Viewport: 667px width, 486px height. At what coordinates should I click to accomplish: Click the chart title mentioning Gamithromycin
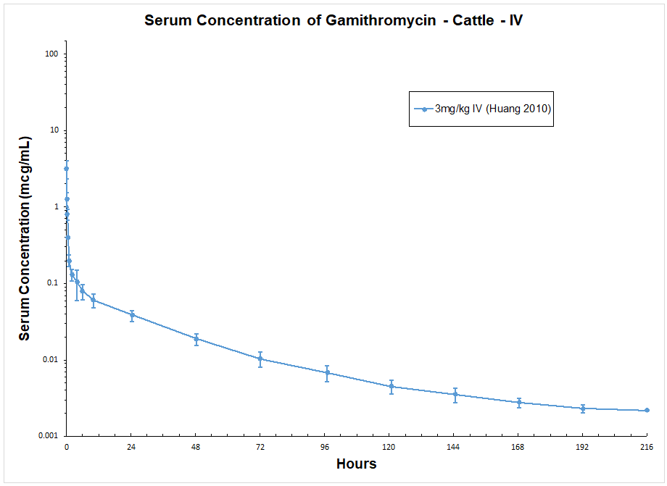(333, 20)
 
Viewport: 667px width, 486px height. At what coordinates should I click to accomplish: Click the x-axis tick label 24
(131, 448)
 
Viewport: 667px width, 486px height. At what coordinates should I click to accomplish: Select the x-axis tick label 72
(260, 448)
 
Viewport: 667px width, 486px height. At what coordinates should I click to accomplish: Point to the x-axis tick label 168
(518, 448)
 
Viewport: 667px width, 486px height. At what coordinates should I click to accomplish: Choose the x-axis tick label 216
(647, 448)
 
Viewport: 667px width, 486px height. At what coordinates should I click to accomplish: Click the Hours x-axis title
(356, 464)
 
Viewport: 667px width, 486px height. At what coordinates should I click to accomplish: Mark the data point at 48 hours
(196, 339)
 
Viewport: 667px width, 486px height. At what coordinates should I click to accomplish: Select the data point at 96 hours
(327, 373)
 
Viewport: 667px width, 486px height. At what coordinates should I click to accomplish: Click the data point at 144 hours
(455, 394)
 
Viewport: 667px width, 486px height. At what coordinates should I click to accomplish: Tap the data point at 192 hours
(583, 409)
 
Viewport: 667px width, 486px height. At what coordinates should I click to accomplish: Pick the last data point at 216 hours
(647, 410)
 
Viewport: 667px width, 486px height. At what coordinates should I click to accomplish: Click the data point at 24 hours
(132, 315)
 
